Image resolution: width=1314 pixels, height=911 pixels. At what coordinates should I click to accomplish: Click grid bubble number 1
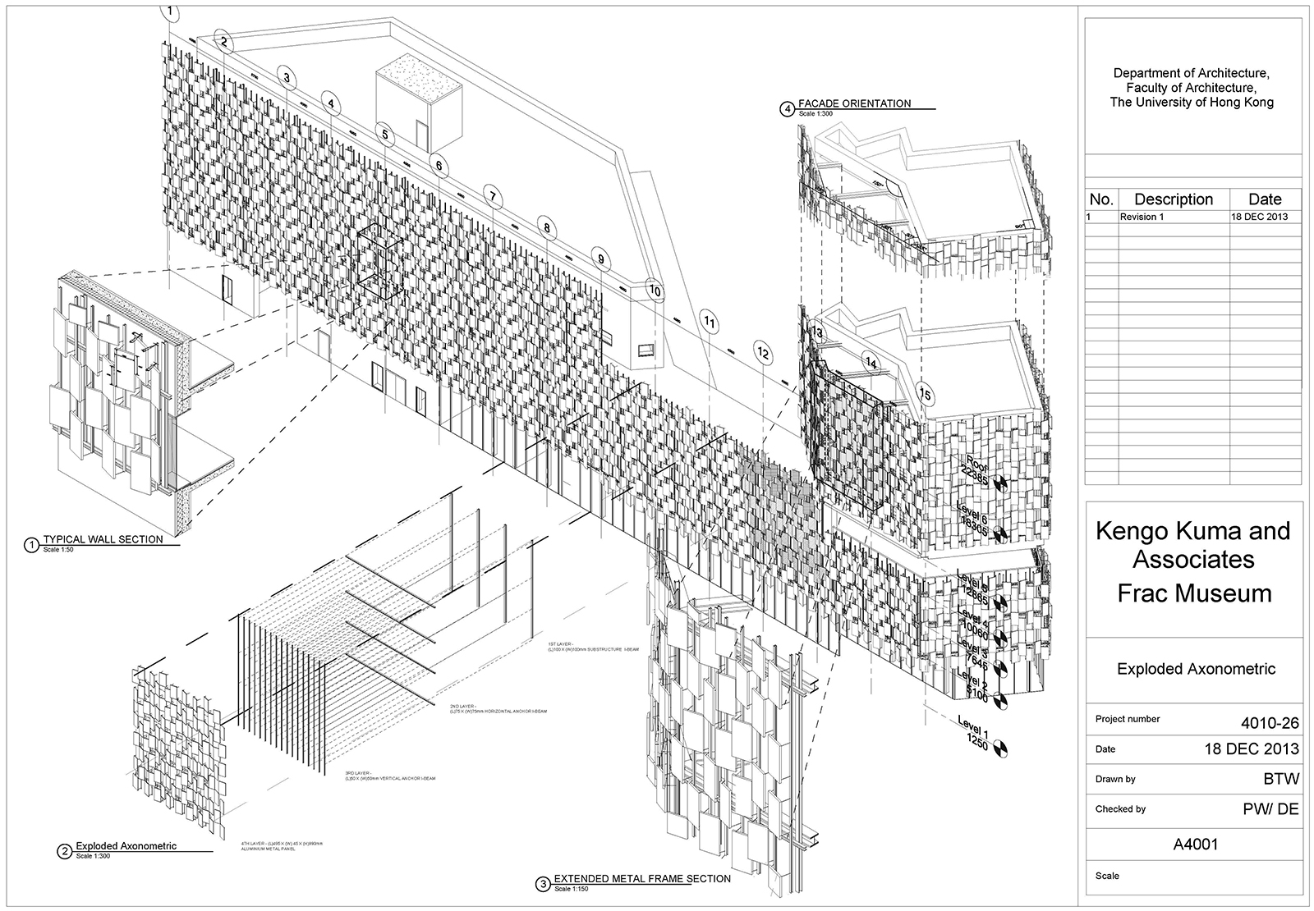[170, 11]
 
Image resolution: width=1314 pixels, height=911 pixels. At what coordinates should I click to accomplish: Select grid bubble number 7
[492, 197]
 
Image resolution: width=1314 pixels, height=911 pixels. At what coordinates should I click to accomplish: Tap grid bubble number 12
[764, 354]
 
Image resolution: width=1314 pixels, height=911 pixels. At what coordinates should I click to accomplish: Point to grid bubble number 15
[926, 395]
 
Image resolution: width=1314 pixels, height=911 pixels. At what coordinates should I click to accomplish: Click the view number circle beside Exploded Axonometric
[64, 851]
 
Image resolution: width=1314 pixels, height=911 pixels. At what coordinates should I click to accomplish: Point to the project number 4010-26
[1270, 723]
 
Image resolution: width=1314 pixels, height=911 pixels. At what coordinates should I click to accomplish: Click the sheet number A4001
[1194, 844]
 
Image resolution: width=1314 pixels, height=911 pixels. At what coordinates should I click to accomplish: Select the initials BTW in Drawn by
[1283, 779]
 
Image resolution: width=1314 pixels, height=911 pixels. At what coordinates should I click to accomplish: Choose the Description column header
[1173, 199]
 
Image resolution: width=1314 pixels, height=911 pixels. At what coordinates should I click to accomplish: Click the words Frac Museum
[1194, 593]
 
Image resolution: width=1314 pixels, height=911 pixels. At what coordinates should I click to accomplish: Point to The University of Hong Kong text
[1192, 103]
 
